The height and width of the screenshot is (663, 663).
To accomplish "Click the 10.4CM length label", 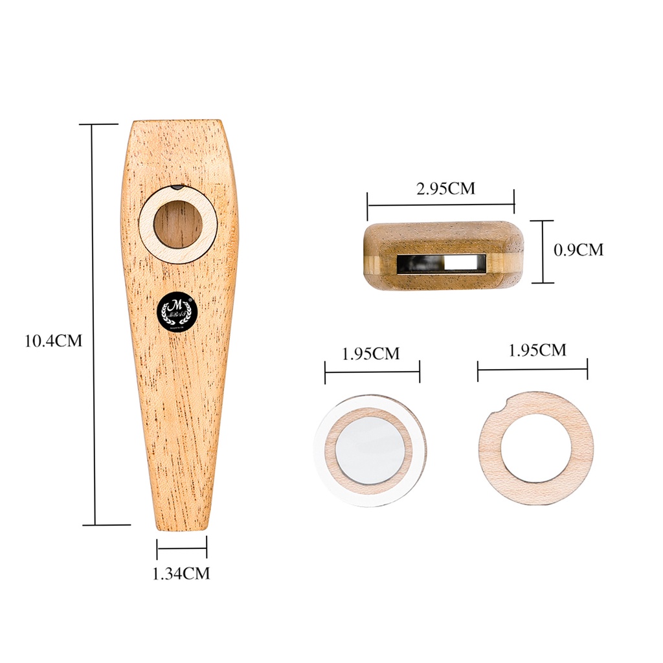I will click(54, 341).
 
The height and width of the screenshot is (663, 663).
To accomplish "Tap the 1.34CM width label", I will click(181, 573).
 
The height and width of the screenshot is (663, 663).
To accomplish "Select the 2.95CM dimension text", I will click(445, 188).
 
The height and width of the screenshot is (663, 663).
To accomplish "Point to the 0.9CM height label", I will click(578, 249).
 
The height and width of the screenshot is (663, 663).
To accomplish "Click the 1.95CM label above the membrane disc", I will click(371, 354).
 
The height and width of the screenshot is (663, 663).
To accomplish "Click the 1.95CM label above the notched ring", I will click(537, 350).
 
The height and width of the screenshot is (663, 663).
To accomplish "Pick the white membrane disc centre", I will click(370, 449).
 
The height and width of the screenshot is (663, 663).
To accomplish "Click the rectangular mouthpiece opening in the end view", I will click(442, 262).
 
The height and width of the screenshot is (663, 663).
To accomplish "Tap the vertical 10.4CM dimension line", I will click(95, 324).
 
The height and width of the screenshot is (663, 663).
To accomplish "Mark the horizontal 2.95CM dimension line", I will click(440, 205).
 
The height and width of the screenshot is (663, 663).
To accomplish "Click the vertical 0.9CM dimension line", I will click(543, 251).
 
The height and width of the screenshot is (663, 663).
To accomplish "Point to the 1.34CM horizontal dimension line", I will click(182, 549).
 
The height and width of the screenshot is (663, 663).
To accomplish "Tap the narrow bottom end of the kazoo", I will click(182, 524).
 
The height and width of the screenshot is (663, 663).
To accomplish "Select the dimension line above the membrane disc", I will click(372, 372).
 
